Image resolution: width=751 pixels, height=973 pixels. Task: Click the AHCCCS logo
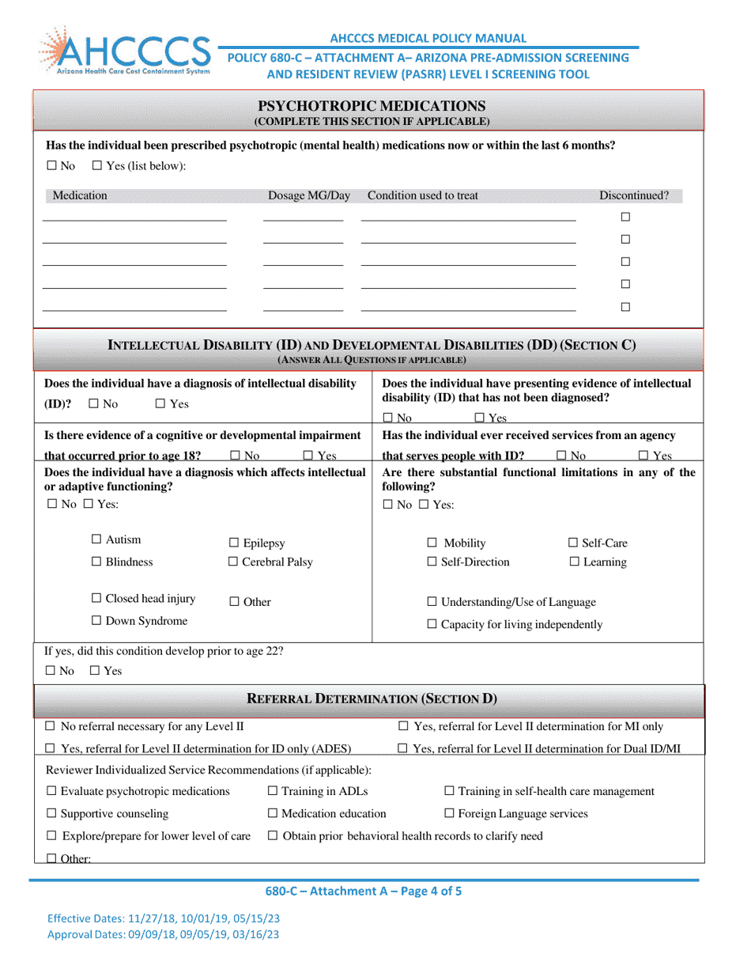[x=123, y=51]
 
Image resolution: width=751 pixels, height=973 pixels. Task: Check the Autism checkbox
[x=96, y=540]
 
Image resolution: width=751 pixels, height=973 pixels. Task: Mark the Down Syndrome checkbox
[x=96, y=621]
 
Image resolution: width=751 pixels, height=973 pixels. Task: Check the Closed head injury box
[x=96, y=599]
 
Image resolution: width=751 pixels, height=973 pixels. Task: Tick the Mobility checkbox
[x=432, y=543]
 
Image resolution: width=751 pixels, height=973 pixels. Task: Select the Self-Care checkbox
[x=574, y=543]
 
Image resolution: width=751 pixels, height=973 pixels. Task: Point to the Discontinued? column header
[x=634, y=196]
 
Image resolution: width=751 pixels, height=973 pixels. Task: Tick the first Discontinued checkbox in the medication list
[x=625, y=217]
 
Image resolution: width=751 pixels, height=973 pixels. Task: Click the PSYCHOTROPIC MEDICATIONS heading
[x=372, y=106]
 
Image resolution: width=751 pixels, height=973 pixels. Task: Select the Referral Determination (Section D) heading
[x=372, y=699]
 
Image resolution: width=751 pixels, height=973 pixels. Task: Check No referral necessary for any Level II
[x=50, y=726]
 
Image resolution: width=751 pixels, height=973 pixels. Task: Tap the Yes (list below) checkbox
[x=97, y=166]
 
